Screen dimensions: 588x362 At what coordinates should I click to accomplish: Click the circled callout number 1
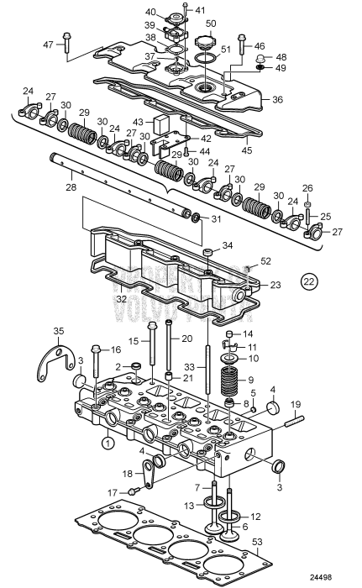(108, 442)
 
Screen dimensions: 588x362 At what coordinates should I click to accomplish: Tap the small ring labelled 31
(196, 219)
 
